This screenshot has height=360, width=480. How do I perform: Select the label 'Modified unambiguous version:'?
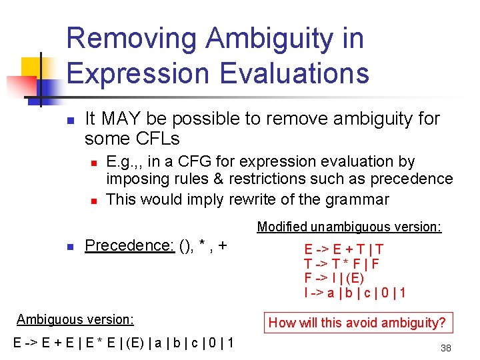[349, 227]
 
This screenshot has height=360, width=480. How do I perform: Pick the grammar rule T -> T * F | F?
[341, 264]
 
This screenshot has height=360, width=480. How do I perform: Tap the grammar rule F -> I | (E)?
[334, 278]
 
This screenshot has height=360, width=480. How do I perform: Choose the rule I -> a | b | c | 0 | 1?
[355, 292]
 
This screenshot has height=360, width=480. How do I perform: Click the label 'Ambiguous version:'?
[75, 319]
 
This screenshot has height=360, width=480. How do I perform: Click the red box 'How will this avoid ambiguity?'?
[357, 323]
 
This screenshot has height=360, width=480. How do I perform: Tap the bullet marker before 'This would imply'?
[95, 200]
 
